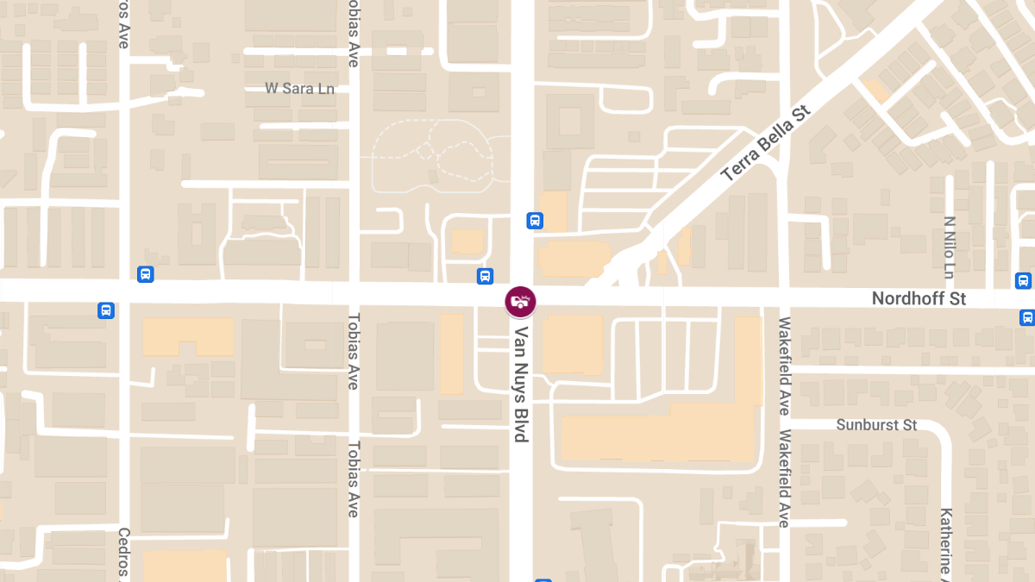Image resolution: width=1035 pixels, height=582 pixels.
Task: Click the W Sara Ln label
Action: click(299, 88)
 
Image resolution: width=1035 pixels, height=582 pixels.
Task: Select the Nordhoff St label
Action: click(919, 298)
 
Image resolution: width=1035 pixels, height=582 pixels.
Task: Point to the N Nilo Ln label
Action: click(949, 247)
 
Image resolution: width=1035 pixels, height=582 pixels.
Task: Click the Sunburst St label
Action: click(876, 425)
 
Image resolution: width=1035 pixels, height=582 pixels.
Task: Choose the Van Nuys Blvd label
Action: click(521, 383)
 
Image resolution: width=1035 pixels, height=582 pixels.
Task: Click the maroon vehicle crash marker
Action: click(520, 301)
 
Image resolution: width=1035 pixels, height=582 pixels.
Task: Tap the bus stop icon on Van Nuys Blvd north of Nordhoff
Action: click(535, 221)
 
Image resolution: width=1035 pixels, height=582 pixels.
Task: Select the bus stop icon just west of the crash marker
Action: click(485, 276)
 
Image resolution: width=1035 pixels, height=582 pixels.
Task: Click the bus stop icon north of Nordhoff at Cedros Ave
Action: click(145, 274)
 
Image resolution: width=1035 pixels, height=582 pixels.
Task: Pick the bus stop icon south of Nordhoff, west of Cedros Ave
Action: click(106, 310)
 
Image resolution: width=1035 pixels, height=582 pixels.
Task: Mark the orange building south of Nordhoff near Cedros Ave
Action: click(187, 336)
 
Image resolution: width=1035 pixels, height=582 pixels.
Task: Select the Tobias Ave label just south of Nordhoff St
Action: click(352, 352)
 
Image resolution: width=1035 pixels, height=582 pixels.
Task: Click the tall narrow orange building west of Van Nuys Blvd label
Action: click(452, 354)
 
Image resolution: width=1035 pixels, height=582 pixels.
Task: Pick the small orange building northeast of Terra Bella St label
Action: click(877, 91)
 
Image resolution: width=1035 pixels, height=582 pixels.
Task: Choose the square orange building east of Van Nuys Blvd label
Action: click(572, 344)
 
